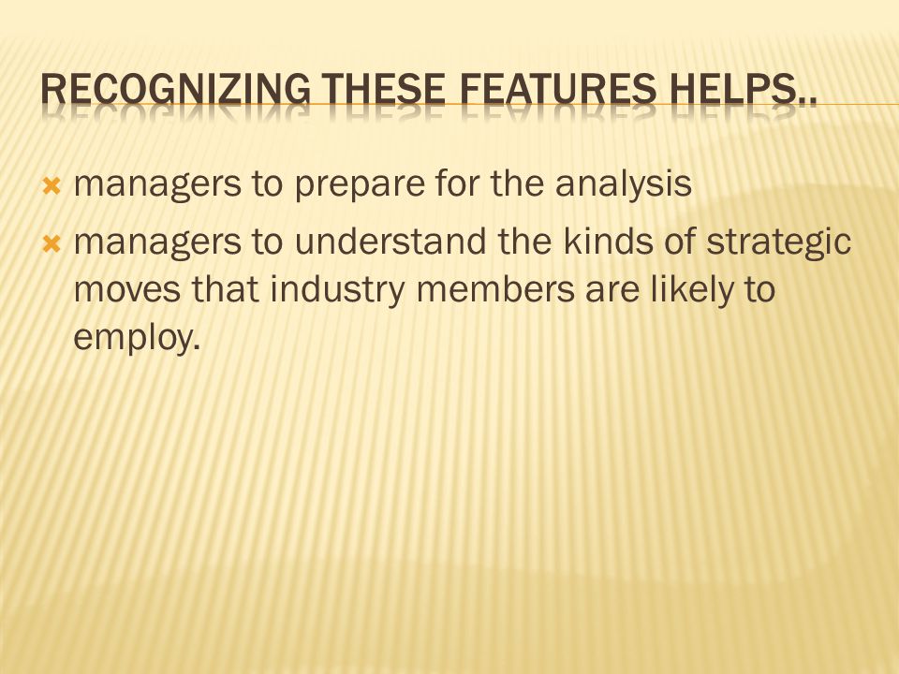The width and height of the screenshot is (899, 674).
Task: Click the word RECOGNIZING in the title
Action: [175, 90]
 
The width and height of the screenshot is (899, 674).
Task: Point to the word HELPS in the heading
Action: [734, 90]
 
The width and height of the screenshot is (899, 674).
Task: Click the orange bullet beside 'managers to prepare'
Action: [52, 186]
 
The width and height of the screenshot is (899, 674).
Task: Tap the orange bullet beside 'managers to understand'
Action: [52, 244]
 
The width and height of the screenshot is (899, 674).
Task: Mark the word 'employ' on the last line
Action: [132, 338]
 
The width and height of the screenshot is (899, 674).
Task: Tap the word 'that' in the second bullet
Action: [225, 288]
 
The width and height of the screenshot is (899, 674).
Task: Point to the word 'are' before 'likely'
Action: [612, 292]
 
